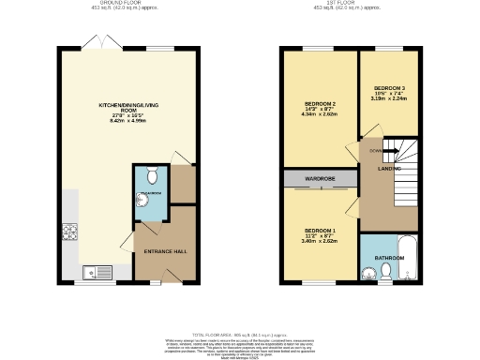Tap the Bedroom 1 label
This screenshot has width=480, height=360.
pos(320,230)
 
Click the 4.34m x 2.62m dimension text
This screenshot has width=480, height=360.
pos(321,115)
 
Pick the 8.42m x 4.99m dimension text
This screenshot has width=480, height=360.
pos(128,121)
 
